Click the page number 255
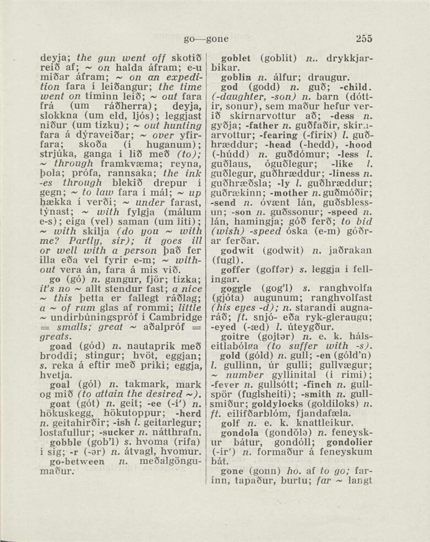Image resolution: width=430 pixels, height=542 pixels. click(364, 39)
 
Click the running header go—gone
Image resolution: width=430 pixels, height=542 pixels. click(206, 39)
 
